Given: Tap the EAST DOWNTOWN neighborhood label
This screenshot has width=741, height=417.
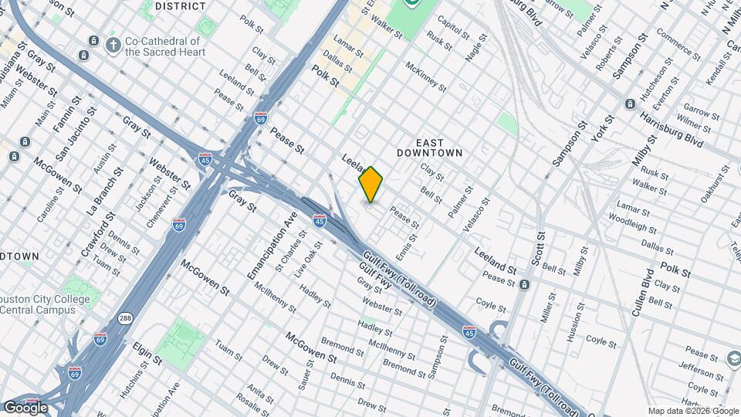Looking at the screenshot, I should point(429,147).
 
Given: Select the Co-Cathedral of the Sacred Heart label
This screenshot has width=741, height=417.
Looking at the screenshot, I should point(165,46).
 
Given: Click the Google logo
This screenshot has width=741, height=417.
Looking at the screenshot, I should point(25,407).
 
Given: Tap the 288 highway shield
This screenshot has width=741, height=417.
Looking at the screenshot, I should point(124,317).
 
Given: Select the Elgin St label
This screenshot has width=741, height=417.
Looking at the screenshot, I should point(147,353).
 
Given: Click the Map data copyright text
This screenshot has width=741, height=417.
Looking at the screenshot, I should point(692,411).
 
